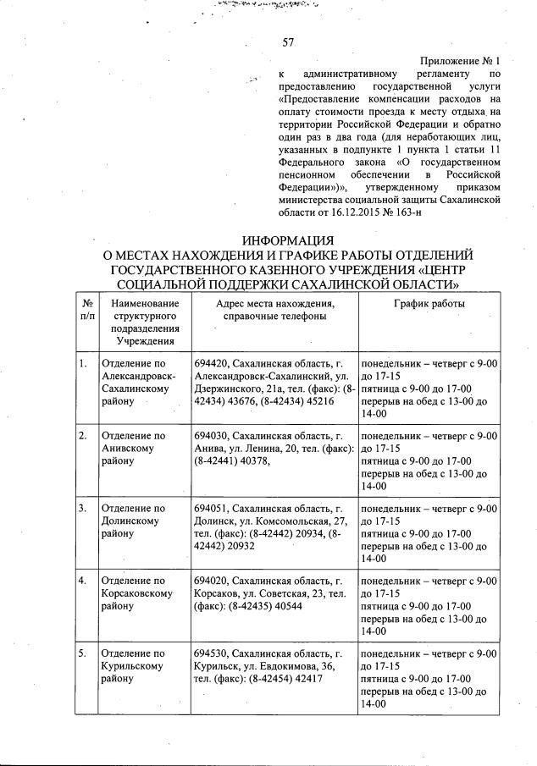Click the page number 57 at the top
[287, 42]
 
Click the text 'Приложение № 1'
[461, 62]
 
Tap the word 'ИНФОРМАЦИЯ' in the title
[288, 240]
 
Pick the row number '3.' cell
[83, 508]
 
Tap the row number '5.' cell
[83, 653]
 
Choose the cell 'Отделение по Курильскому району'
[132, 667]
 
